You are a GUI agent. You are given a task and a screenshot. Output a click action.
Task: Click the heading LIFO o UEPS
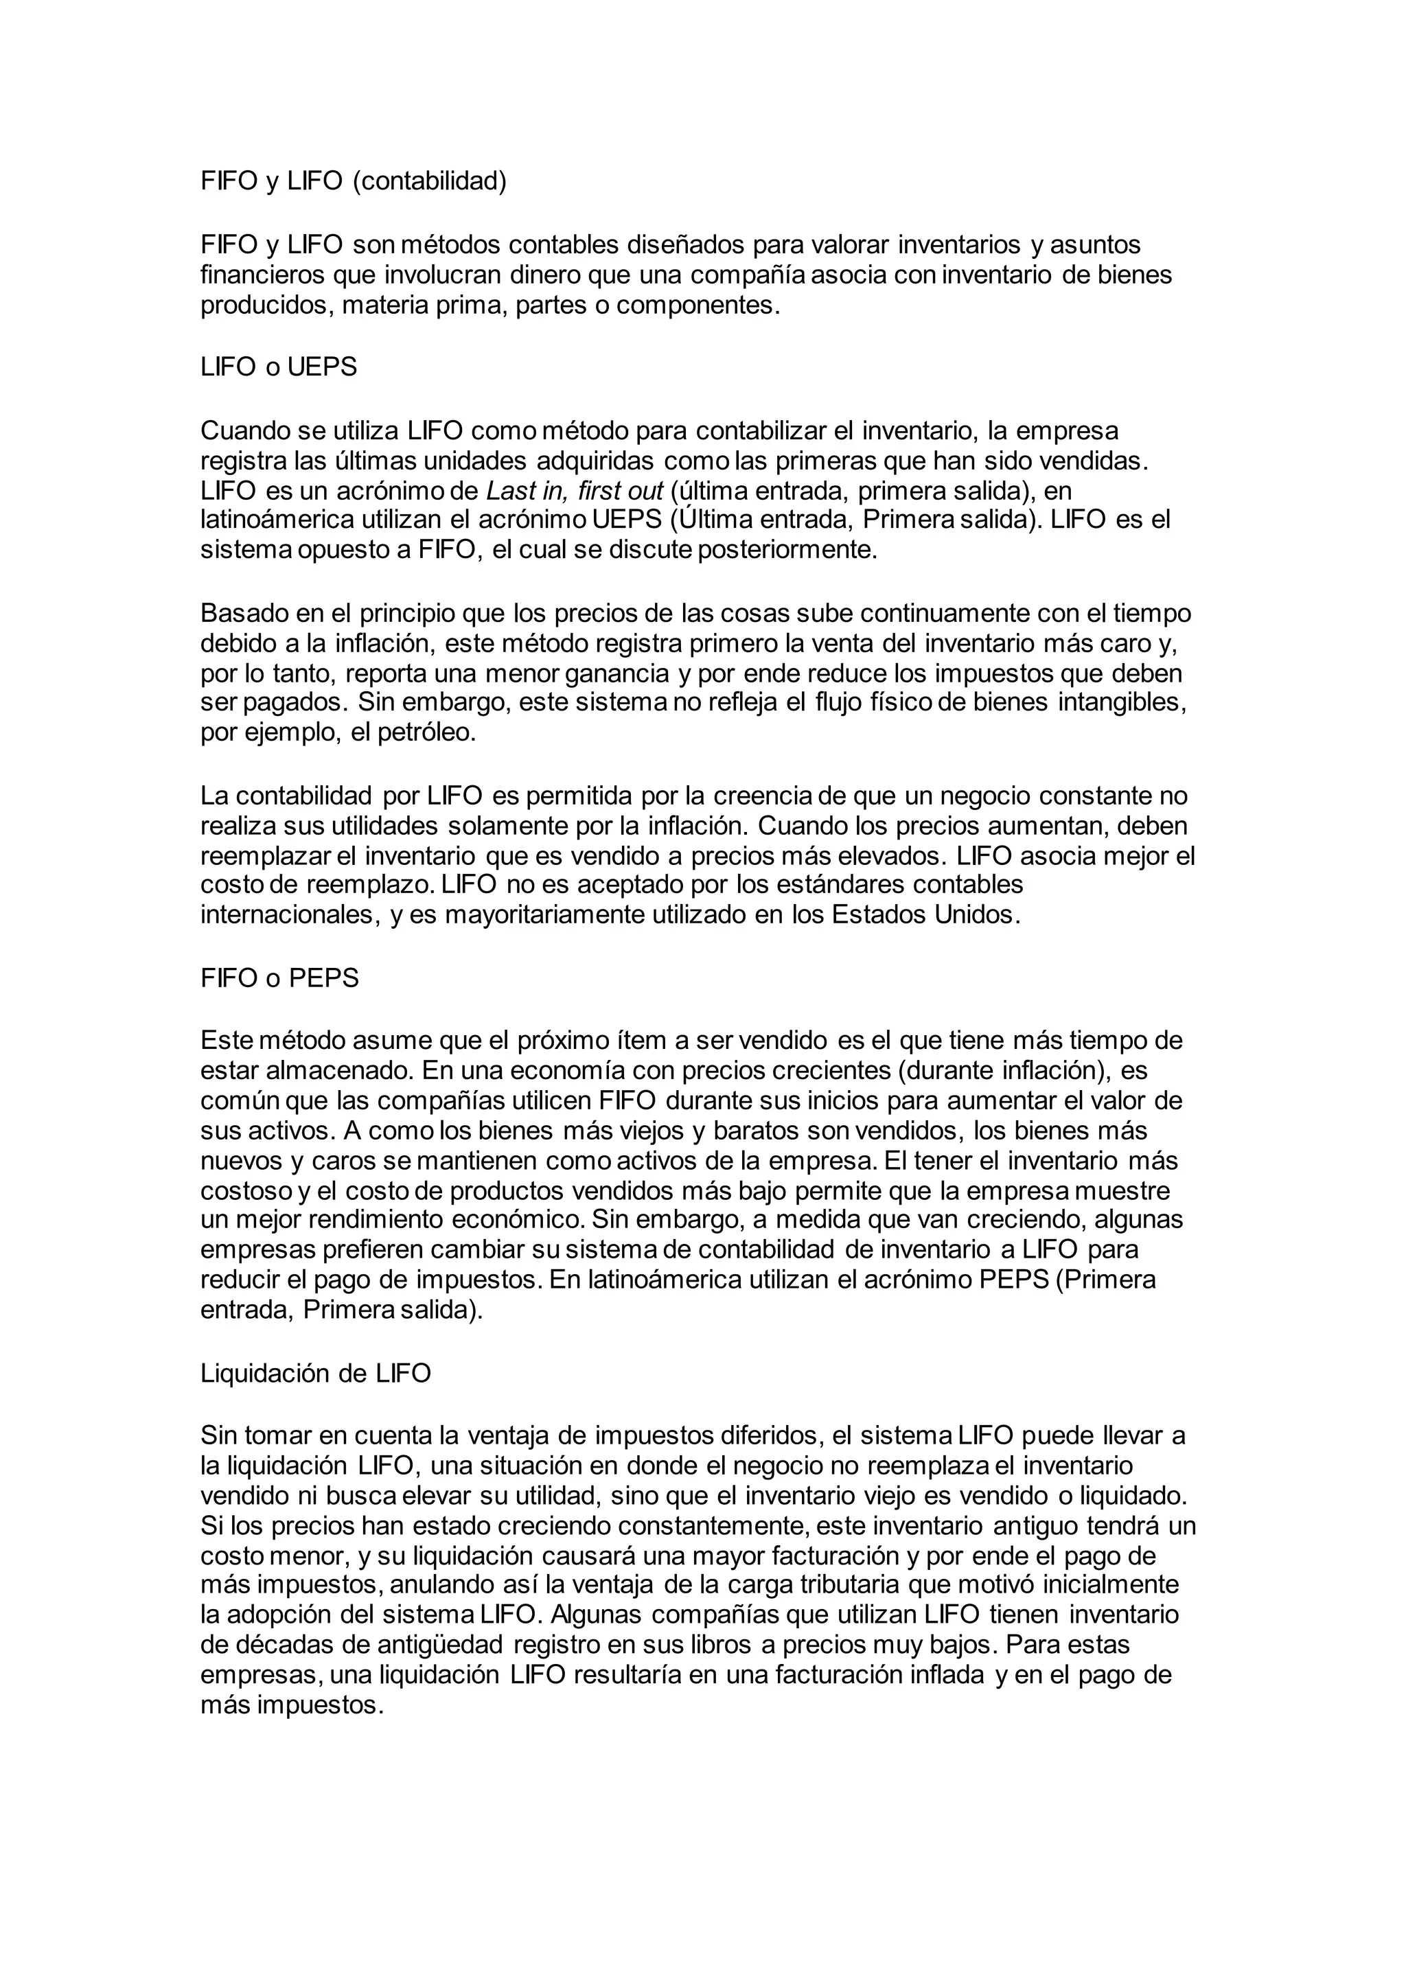tap(279, 367)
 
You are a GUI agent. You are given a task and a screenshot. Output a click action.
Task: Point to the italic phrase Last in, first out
tap(574, 491)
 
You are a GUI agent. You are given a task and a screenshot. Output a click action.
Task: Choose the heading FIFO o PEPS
tap(279, 978)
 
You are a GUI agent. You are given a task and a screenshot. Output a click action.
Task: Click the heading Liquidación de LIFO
tap(315, 1374)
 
